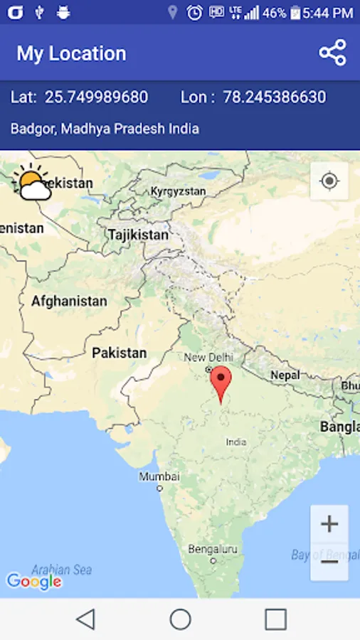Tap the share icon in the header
point(332,53)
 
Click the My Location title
point(71,53)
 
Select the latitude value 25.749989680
point(96,97)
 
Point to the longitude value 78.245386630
point(274,97)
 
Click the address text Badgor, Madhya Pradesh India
point(105,129)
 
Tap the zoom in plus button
point(329,524)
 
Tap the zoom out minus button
point(329,562)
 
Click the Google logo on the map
point(33,582)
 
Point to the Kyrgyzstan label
point(178,191)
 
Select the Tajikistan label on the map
point(138,234)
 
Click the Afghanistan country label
point(69,301)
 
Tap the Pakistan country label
point(119,353)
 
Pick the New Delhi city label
point(208,357)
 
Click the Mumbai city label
point(159,476)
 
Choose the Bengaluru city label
point(212,549)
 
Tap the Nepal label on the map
point(285,375)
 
